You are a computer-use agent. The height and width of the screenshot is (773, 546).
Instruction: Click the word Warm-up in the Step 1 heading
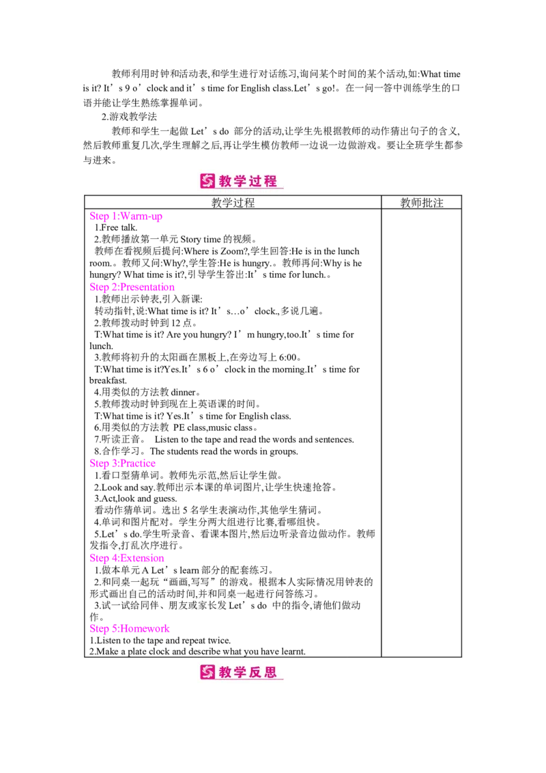click(x=145, y=217)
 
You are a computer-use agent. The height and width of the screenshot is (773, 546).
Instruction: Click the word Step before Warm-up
click(x=98, y=217)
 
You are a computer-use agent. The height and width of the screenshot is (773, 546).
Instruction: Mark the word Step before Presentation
click(x=98, y=288)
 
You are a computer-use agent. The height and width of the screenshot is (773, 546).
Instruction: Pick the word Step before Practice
click(x=98, y=464)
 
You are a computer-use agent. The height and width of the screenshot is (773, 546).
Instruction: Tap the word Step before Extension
click(x=98, y=558)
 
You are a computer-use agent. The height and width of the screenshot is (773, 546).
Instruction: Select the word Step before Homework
click(x=98, y=628)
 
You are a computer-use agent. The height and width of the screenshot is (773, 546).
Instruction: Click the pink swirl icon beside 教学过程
click(x=207, y=181)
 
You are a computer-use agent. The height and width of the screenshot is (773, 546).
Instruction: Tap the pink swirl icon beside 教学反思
click(x=207, y=673)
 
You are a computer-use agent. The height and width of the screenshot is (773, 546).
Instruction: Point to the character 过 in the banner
click(x=255, y=181)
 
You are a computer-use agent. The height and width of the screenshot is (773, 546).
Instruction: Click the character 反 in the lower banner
click(x=255, y=673)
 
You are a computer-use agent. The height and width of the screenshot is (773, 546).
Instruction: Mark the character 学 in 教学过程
click(x=240, y=181)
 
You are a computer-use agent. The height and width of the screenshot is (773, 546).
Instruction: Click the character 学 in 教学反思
click(x=240, y=673)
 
